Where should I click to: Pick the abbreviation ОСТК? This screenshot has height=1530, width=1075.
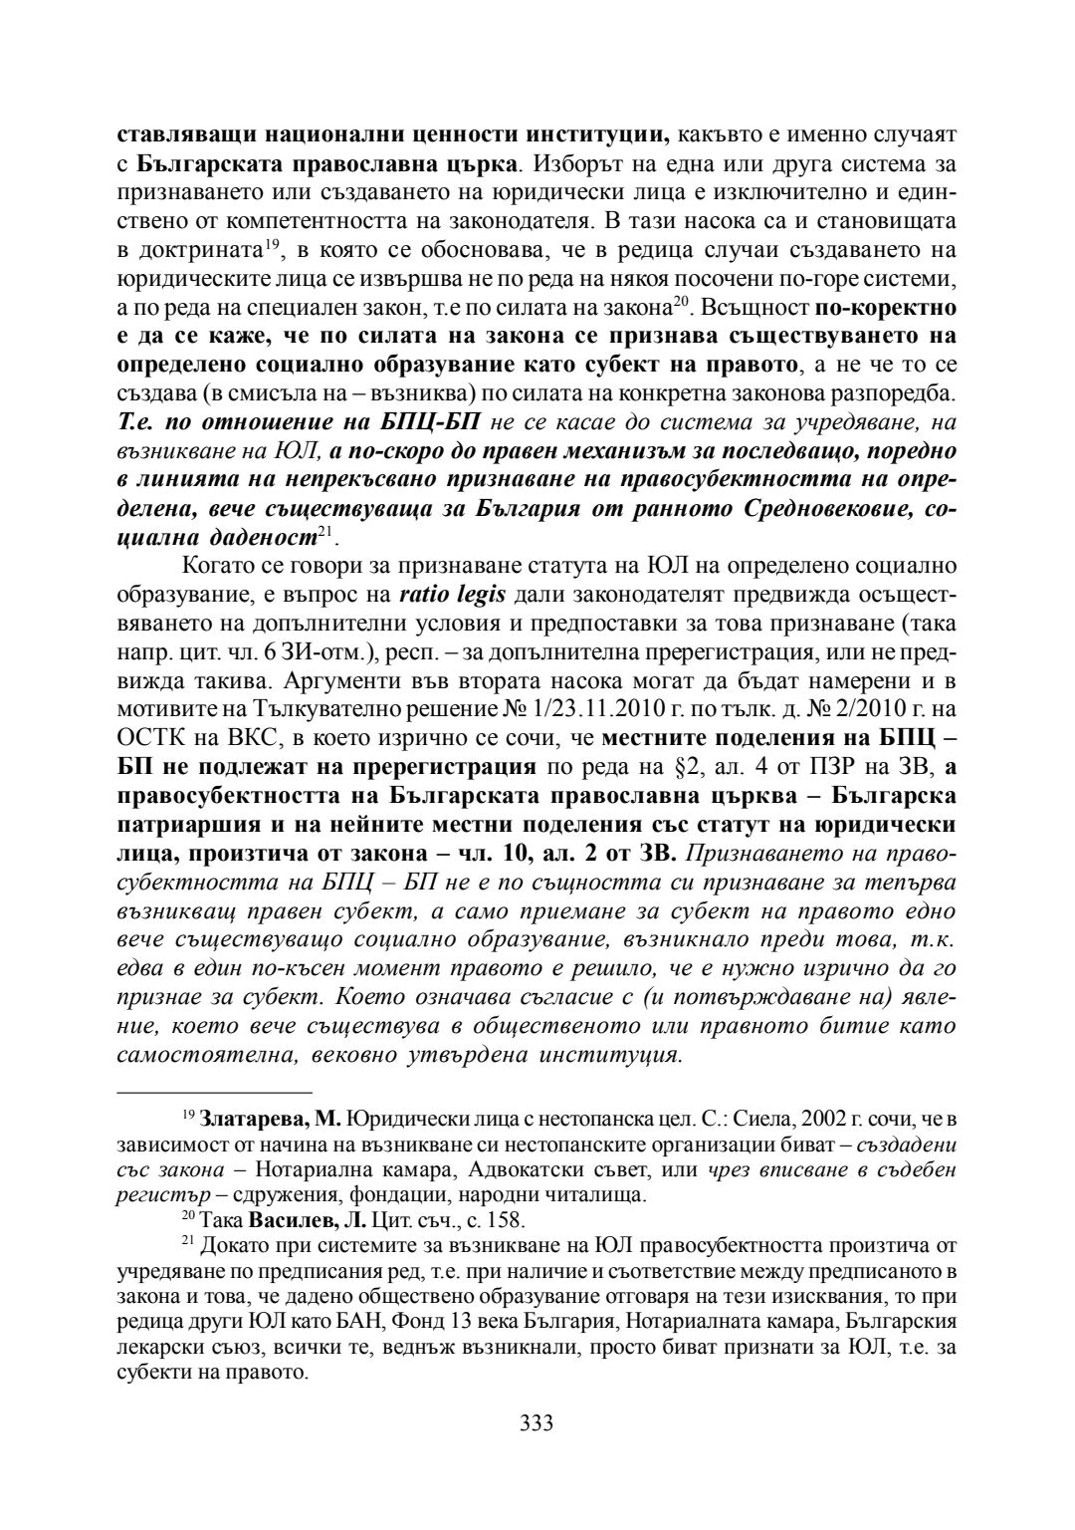tap(150, 737)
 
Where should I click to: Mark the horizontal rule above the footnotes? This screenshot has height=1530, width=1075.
tap(215, 1092)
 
